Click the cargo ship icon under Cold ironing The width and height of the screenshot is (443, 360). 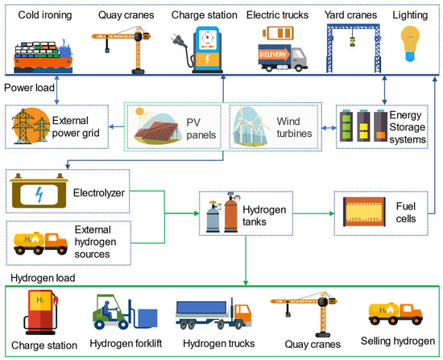(44, 52)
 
